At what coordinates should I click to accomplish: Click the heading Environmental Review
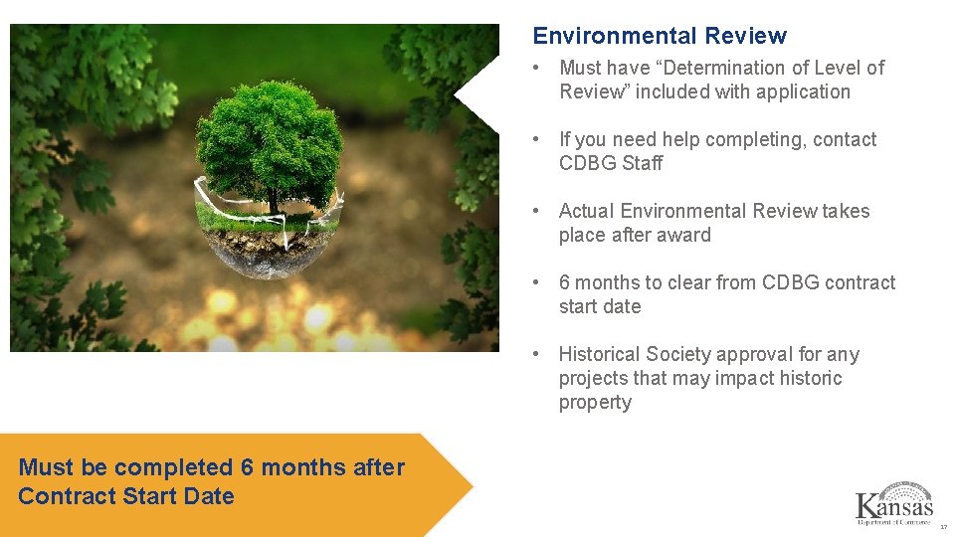[x=660, y=36]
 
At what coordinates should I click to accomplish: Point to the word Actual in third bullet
[x=586, y=211]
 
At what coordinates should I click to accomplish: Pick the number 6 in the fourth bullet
[x=564, y=282]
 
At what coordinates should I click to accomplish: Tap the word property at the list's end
[x=595, y=402]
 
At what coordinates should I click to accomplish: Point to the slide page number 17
[x=943, y=527]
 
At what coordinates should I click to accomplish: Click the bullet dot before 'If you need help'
[x=536, y=139]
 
